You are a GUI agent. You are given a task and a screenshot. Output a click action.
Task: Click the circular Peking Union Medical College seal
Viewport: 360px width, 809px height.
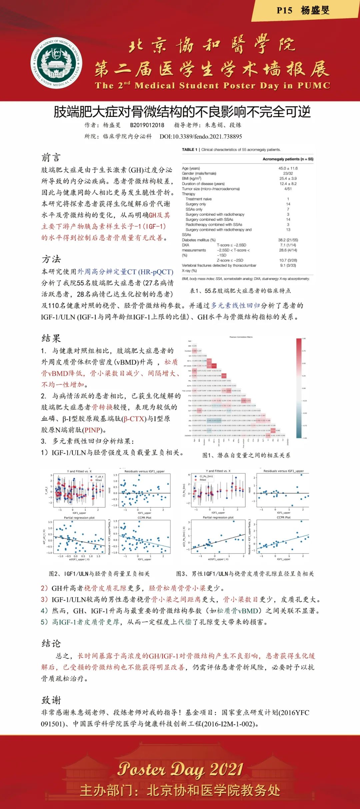[x=57, y=62]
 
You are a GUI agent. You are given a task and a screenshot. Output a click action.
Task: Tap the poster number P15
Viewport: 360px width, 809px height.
[x=284, y=11]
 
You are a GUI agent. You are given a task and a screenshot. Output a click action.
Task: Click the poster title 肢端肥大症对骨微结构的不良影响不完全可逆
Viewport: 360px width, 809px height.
[x=182, y=112]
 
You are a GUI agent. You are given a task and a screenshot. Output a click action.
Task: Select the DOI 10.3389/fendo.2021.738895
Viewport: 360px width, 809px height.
[x=201, y=137]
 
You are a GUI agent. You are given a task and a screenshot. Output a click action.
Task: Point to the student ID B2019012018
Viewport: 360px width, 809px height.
[x=147, y=125]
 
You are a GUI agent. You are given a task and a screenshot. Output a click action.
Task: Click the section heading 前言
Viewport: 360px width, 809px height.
[x=51, y=157]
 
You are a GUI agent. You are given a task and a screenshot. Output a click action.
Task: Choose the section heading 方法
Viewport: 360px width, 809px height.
[x=51, y=259]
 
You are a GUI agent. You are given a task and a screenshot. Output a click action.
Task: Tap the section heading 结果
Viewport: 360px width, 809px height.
[x=51, y=338]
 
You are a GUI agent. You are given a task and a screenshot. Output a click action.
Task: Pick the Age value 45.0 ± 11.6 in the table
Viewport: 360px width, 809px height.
[x=288, y=169]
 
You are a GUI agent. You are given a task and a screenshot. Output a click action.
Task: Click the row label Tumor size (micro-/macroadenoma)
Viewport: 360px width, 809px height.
[x=211, y=189]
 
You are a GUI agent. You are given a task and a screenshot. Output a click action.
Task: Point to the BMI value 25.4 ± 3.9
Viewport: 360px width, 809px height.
[x=288, y=179]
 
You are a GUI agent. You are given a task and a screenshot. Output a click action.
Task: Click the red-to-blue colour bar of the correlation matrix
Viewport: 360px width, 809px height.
[x=299, y=388]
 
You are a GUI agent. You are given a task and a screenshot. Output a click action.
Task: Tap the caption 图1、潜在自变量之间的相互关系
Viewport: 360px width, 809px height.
[x=246, y=455]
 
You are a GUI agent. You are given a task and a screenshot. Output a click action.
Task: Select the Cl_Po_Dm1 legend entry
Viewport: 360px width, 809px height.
[x=206, y=476]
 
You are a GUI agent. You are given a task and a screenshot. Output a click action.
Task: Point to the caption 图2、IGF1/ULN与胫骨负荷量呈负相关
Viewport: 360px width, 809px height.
[x=99, y=574]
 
